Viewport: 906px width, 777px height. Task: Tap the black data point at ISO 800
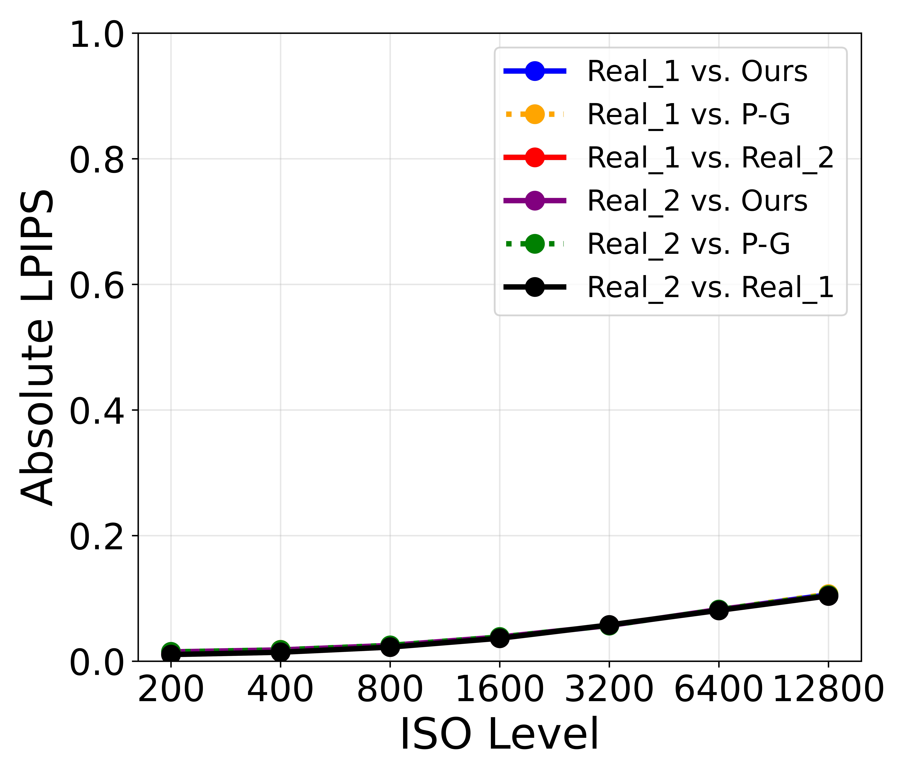[390, 646]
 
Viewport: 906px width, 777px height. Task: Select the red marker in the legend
[534, 157]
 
